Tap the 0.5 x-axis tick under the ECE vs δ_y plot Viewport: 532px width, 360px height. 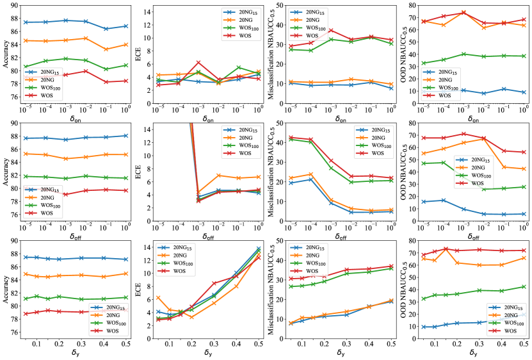point(260,344)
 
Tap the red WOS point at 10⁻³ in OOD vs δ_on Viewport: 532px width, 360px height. point(463,12)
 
